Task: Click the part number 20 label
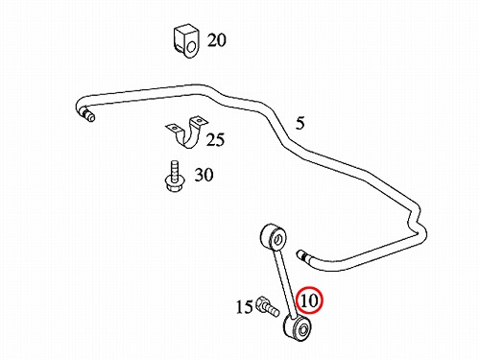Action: pyautogui.click(x=216, y=40)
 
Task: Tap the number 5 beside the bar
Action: pyautogui.click(x=300, y=124)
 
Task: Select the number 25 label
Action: pyautogui.click(x=215, y=139)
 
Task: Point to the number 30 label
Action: pyautogui.click(x=204, y=175)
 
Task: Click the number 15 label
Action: pyautogui.click(x=245, y=307)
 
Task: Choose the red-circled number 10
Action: pyautogui.click(x=309, y=300)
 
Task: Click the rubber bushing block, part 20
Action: pyautogui.click(x=186, y=40)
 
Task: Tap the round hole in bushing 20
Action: pyautogui.click(x=191, y=47)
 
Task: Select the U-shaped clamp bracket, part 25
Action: pyautogui.click(x=187, y=132)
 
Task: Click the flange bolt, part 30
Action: pyautogui.click(x=174, y=177)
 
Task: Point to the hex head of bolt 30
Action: pyautogui.click(x=175, y=184)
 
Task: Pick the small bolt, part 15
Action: pyautogui.click(x=268, y=306)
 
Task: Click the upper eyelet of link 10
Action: pyautogui.click(x=273, y=237)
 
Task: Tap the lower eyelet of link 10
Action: pyautogui.click(x=298, y=328)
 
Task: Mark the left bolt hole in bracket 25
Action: pyautogui.click(x=174, y=129)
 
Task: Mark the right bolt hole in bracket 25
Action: pyautogui.click(x=200, y=121)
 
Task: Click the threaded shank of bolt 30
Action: pyautogui.click(x=175, y=169)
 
